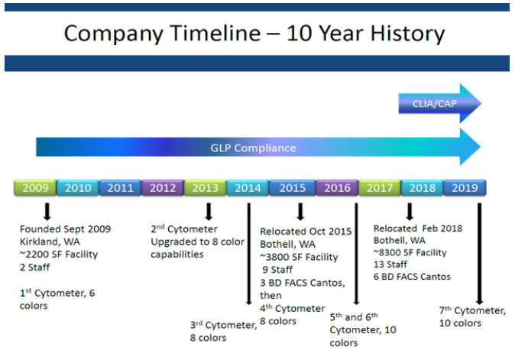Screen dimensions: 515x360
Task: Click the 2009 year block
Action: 35,187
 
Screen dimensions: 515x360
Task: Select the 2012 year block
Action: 163,187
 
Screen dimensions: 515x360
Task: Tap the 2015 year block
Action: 293,187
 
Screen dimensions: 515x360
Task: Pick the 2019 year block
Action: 465,187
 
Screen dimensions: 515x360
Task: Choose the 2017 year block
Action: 380,187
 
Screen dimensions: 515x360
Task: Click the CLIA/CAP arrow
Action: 440,103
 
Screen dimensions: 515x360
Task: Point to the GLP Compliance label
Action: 253,148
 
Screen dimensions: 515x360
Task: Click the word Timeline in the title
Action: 215,34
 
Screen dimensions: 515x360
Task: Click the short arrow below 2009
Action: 47,211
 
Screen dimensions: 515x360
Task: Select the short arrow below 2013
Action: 209,211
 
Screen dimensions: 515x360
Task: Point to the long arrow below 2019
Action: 480,254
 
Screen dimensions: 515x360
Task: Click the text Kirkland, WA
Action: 50,242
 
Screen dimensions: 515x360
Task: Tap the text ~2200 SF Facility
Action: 59,255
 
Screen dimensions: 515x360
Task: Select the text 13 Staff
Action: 390,264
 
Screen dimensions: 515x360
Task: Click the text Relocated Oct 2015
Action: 306,232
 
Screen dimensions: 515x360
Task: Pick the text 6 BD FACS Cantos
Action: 412,277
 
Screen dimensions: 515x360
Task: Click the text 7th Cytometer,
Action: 472,310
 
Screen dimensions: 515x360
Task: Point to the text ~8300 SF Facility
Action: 410,252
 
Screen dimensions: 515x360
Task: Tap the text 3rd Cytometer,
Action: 223,325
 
